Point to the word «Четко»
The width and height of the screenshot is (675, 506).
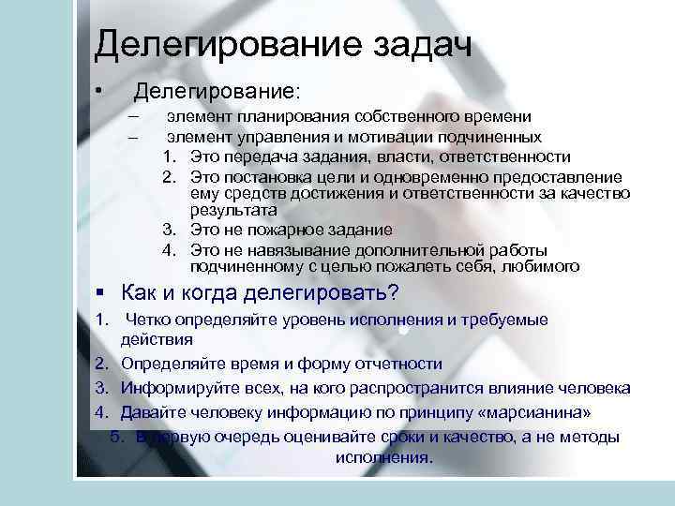[146, 320]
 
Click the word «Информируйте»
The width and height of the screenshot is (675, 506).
[174, 388]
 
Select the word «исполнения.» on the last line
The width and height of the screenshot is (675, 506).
[383, 459]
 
